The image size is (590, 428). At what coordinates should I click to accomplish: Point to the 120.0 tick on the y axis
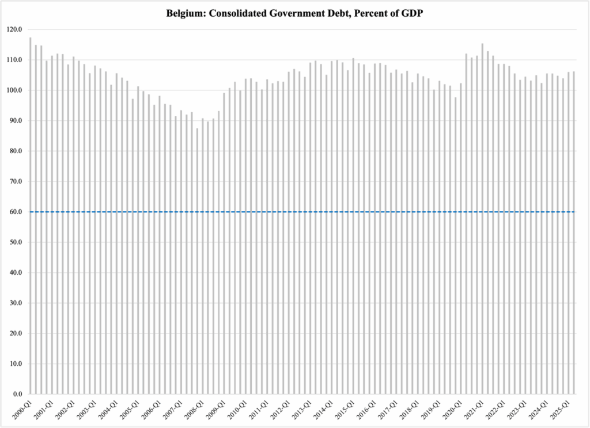(x=14, y=29)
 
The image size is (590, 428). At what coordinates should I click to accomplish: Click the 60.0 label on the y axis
(x=16, y=212)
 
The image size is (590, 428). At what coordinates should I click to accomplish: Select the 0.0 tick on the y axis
(x=18, y=394)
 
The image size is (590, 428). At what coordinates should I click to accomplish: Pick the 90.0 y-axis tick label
(x=16, y=120)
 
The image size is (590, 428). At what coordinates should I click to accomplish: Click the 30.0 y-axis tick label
(x=16, y=303)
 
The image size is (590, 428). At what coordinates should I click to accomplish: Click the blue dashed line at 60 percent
(x=288, y=212)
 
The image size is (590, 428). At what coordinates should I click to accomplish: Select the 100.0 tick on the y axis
(x=14, y=90)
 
